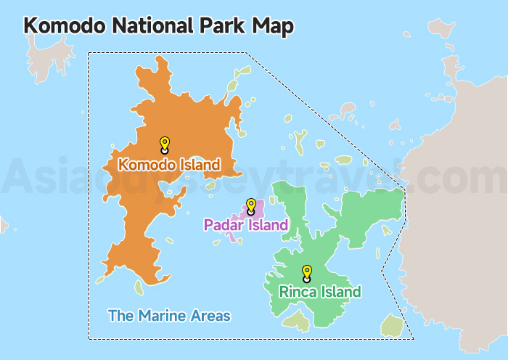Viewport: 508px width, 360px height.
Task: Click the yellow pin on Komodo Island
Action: (165, 144)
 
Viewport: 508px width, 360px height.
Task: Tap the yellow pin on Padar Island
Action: (251, 205)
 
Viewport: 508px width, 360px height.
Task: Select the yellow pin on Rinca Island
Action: (307, 272)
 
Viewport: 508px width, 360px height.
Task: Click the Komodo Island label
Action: (168, 165)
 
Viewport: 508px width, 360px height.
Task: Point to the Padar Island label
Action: (246, 225)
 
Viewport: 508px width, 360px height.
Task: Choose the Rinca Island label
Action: (320, 292)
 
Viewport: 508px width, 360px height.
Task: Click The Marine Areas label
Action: (169, 316)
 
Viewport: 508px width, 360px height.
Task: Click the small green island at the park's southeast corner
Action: (392, 325)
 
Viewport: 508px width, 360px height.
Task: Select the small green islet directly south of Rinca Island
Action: (296, 320)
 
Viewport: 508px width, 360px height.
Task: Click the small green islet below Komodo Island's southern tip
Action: (139, 287)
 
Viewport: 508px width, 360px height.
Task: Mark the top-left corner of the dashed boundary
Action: (89, 52)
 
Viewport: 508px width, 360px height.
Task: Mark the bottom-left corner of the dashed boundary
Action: (89, 339)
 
